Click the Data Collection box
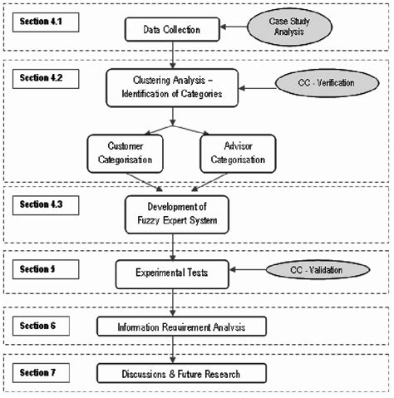click(x=170, y=30)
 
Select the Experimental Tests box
click(x=172, y=272)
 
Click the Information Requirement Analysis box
click(x=182, y=327)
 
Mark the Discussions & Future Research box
click(x=182, y=374)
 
